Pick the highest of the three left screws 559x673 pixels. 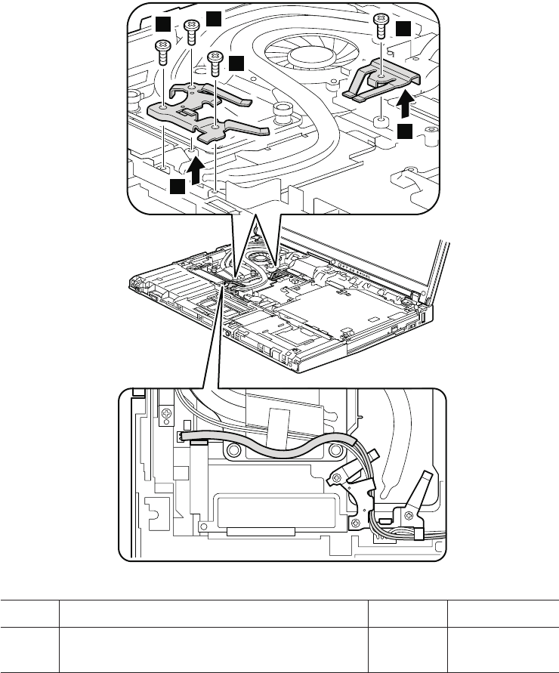coord(191,30)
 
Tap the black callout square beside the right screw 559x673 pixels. coord(404,29)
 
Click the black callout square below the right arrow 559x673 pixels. coord(406,131)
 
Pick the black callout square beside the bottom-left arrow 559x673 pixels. coord(177,186)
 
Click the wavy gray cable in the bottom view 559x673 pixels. coord(272,443)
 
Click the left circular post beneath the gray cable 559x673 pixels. coord(233,451)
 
